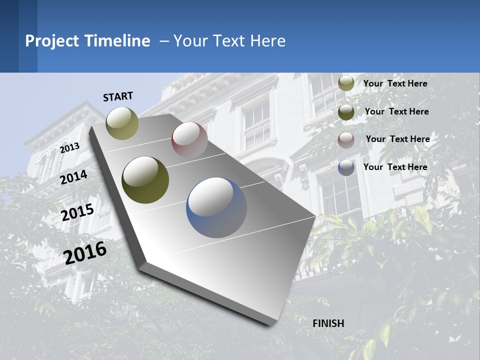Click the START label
(118, 96)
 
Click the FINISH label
(328, 323)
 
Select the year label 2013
(69, 147)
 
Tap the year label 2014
(74, 177)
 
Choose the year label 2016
(85, 252)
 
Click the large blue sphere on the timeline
(216, 207)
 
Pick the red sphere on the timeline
(189, 140)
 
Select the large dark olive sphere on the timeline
(145, 180)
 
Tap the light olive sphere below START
(122, 123)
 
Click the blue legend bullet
(346, 167)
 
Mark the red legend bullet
(346, 140)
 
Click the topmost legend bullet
(346, 83)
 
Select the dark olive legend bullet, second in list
(346, 112)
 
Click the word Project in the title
(51, 41)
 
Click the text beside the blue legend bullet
(395, 167)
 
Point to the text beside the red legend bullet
(397, 139)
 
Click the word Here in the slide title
(267, 41)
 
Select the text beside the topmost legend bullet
(395, 83)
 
